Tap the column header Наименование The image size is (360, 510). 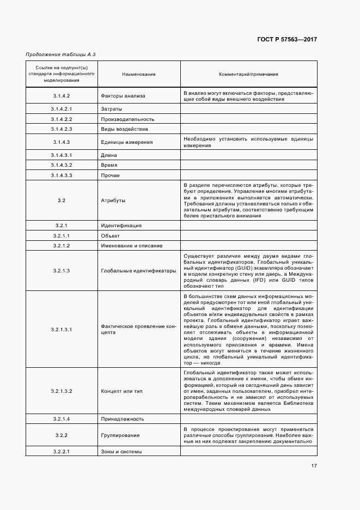click(x=139, y=74)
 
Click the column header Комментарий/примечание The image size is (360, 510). click(x=248, y=74)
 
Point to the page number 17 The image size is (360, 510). click(x=314, y=465)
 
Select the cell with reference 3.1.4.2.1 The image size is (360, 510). click(x=62, y=109)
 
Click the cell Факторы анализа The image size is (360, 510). click(x=123, y=96)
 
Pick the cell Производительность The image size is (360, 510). click(x=127, y=119)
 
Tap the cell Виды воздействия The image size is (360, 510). click(x=124, y=129)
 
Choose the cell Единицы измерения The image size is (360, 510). click(x=126, y=142)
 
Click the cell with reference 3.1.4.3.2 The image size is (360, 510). click(x=62, y=165)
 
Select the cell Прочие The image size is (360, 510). click(x=110, y=175)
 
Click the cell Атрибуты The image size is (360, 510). click(x=113, y=201)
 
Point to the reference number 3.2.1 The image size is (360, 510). click(x=62, y=226)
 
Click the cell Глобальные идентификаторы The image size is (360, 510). click(x=138, y=270)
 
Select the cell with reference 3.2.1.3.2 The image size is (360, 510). click(x=62, y=391)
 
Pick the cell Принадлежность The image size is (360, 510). click(x=123, y=418)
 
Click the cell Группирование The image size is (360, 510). click(x=120, y=435)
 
